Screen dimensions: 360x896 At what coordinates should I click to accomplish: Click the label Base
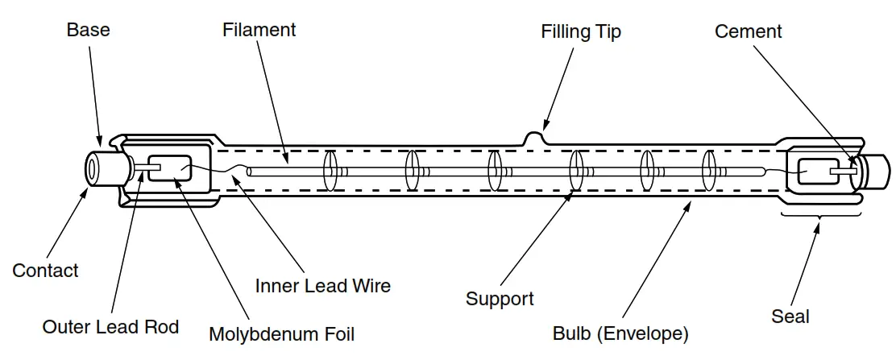[x=88, y=31]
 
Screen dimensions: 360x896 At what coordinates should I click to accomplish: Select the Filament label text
[x=259, y=30]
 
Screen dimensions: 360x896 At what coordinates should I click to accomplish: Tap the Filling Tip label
[x=581, y=32]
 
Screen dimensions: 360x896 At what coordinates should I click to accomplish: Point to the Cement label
[x=748, y=31]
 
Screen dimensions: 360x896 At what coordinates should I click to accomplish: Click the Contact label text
[x=45, y=271]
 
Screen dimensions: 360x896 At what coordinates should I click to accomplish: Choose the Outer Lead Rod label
[x=110, y=327]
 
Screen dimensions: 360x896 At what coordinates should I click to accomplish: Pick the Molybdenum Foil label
[x=281, y=333]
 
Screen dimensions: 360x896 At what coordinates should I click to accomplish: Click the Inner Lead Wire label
[x=322, y=286]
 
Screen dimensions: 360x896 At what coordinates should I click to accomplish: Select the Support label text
[x=500, y=299]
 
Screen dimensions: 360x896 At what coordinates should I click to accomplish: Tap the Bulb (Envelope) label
[x=620, y=333]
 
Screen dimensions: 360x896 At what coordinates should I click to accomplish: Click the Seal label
[x=790, y=317]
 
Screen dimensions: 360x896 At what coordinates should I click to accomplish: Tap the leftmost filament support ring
[x=329, y=171]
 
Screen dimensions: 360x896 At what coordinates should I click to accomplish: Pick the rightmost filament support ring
[x=708, y=171]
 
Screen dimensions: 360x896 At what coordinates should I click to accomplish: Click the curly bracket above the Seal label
[x=817, y=216]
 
